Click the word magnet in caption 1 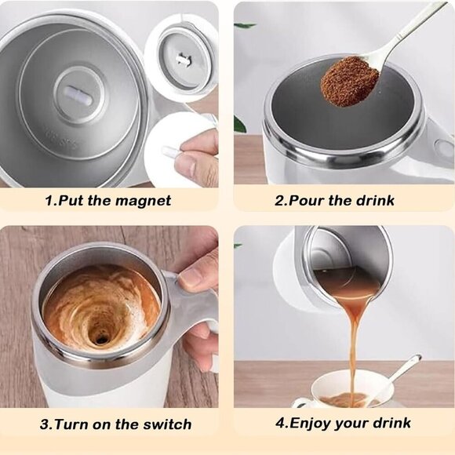pyautogui.click(x=141, y=200)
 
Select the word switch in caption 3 pyautogui.click(x=166, y=424)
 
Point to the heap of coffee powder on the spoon pyautogui.click(x=349, y=80)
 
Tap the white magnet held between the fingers pyautogui.click(x=171, y=151)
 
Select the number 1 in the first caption pyautogui.click(x=49, y=200)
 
